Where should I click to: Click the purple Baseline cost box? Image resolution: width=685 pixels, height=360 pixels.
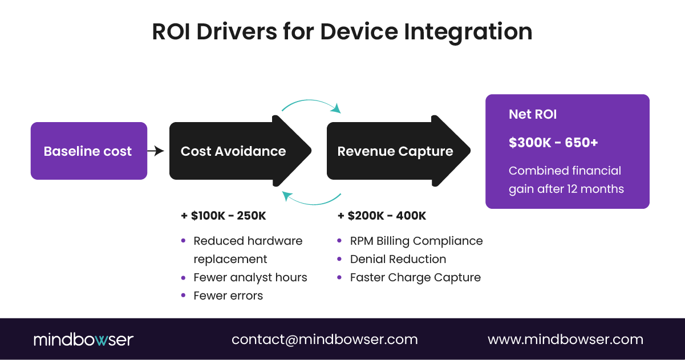click(88, 151)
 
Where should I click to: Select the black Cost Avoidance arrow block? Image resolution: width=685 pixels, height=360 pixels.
click(234, 151)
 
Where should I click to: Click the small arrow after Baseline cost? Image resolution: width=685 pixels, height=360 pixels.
click(156, 151)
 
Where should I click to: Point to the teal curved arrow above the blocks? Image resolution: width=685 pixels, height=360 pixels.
click(311, 104)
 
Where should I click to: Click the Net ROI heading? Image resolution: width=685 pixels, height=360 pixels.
click(533, 114)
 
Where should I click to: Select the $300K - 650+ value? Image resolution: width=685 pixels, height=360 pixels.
click(553, 142)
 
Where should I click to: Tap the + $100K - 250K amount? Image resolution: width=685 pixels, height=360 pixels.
click(224, 216)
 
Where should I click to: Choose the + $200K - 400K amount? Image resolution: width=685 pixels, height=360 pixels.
click(382, 216)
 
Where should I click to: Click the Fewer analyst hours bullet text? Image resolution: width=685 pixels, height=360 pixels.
click(250, 277)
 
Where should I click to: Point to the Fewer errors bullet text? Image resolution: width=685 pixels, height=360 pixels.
click(228, 296)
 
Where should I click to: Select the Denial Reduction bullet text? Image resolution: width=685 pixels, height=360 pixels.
click(398, 259)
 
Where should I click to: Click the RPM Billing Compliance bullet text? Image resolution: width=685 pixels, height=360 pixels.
click(416, 241)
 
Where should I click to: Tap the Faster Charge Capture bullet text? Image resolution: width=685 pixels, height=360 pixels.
click(415, 277)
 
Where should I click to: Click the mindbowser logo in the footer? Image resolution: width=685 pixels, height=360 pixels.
click(83, 339)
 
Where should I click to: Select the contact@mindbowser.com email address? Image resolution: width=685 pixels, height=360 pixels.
click(325, 339)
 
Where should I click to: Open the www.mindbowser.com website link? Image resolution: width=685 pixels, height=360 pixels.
click(565, 339)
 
